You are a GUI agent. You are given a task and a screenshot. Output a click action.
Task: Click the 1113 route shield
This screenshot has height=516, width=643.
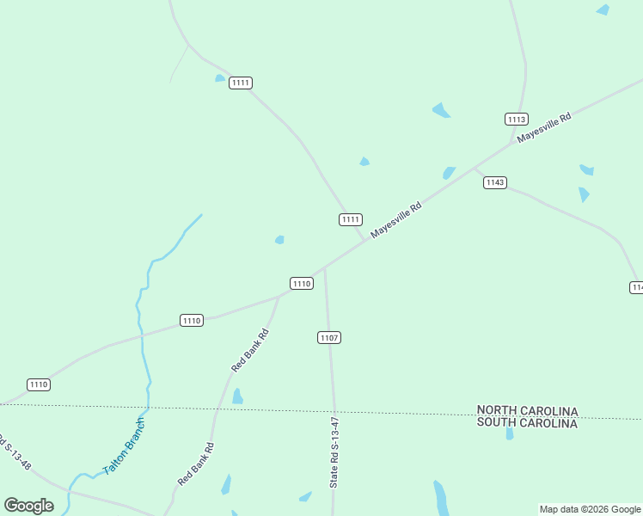tap(517, 120)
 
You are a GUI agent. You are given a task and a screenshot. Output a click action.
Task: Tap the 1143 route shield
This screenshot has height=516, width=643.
tap(495, 182)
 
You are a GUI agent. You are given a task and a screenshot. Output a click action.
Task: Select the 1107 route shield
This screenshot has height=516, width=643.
tap(329, 337)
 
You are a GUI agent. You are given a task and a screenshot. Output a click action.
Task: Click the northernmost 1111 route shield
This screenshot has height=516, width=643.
tap(241, 83)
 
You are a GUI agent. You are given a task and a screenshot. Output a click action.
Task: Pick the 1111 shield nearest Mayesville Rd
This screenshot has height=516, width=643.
tap(350, 219)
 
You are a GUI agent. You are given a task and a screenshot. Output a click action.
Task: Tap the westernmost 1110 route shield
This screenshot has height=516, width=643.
tap(39, 384)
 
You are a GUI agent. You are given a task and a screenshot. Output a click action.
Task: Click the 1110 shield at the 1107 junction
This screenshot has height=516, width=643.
tap(301, 284)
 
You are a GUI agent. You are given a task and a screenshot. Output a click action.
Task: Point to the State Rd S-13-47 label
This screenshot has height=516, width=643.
tap(335, 453)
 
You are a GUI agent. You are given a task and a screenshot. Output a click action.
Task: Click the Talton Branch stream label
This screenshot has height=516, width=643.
tap(125, 446)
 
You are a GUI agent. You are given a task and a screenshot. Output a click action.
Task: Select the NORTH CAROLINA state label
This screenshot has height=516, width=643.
tap(527, 411)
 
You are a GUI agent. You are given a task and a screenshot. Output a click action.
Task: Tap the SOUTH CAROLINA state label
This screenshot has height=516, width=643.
tap(527, 423)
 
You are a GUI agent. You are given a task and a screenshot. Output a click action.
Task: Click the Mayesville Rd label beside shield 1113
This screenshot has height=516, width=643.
tap(544, 128)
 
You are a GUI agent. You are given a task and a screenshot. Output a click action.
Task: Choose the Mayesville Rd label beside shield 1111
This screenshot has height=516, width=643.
tap(396, 221)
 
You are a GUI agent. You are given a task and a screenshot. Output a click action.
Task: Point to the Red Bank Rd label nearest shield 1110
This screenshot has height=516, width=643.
tap(250, 350)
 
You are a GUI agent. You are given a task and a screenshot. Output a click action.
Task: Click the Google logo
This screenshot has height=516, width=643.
tap(29, 506)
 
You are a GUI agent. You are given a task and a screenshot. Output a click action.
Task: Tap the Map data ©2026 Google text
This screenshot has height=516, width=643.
tap(591, 509)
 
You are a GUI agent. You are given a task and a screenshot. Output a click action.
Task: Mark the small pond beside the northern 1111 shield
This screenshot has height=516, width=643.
tap(220, 78)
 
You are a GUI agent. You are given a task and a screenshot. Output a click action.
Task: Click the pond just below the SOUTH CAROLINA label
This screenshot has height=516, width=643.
tap(509, 434)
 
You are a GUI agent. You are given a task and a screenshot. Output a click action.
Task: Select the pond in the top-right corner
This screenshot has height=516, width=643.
tap(603, 9)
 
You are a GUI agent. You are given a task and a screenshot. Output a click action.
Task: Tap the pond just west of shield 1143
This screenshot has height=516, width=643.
tap(449, 173)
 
